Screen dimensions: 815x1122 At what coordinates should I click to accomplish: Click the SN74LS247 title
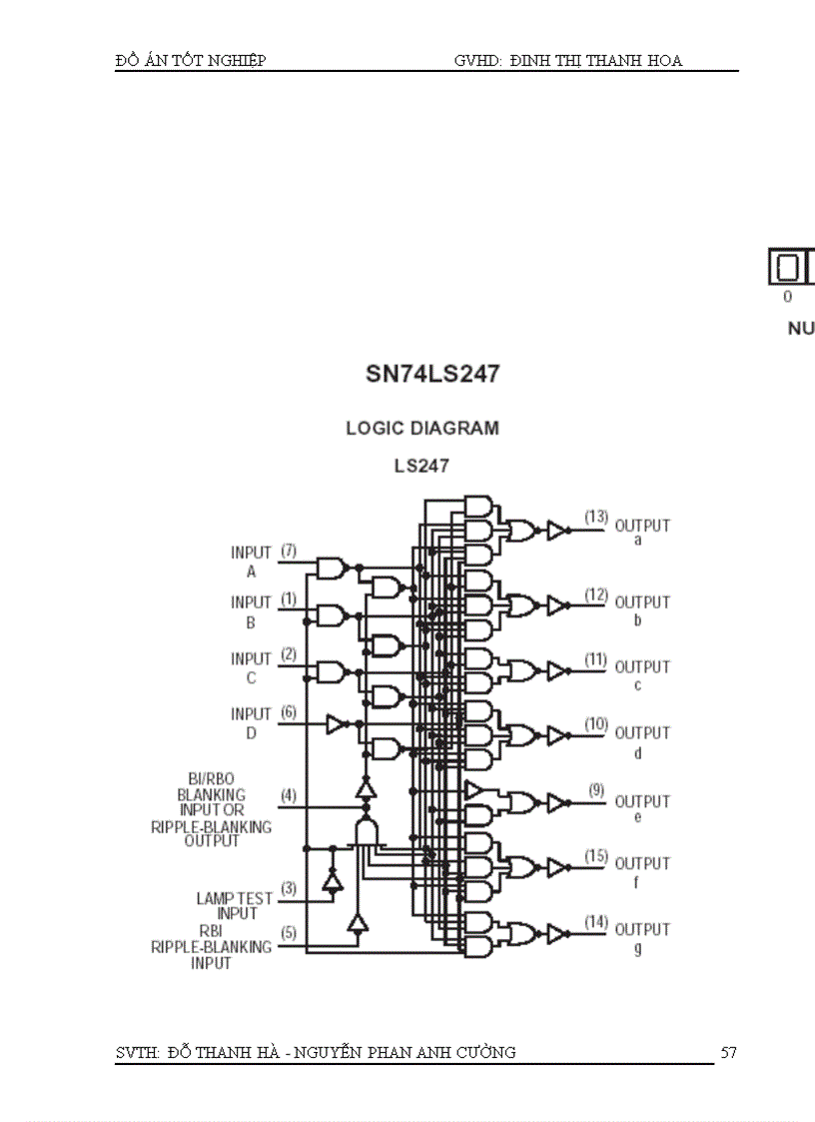click(432, 375)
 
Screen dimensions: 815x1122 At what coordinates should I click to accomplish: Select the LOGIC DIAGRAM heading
click(422, 428)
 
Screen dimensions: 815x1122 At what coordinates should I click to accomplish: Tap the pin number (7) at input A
click(289, 551)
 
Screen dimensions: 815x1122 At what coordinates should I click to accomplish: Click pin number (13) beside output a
click(596, 517)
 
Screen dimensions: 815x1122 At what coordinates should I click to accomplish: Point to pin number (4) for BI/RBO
click(289, 795)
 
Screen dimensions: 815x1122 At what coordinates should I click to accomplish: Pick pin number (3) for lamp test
click(289, 887)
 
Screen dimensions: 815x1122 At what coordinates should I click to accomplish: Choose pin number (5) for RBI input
click(289, 933)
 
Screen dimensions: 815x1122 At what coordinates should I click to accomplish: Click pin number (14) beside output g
click(596, 921)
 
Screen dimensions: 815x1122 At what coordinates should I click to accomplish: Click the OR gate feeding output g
click(521, 934)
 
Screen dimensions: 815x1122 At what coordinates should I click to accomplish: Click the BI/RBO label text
click(211, 778)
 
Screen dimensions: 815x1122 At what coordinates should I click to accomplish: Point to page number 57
click(728, 1052)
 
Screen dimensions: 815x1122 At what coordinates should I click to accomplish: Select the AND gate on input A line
click(330, 568)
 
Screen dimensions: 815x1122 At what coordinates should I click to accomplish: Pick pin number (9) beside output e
click(596, 790)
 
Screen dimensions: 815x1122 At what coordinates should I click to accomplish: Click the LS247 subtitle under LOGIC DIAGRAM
click(421, 466)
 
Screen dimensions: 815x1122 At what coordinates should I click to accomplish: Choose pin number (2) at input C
click(289, 654)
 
